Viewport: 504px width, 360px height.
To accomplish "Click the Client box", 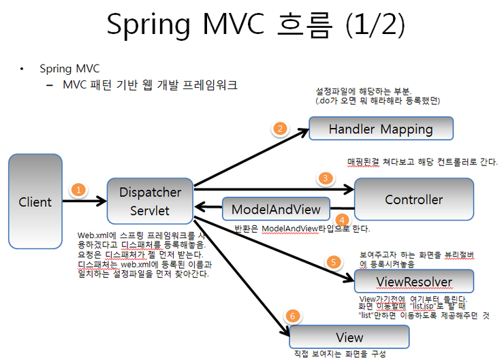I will pos(35,201).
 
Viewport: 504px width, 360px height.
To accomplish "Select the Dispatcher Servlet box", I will pos(151,201).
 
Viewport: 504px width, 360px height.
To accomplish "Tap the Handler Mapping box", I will pos(381,129).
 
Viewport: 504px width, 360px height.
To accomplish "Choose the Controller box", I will pos(413,199).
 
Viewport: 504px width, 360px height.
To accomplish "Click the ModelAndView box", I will pos(276,208).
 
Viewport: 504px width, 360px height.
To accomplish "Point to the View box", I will pos(349,337).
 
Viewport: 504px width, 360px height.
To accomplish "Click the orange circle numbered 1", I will pos(80,190).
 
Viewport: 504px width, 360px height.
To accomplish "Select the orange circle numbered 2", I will pos(279,128).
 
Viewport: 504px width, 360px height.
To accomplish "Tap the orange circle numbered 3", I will pos(328,178).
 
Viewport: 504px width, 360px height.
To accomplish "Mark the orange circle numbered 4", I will pos(343,220).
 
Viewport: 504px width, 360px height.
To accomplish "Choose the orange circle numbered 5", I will pos(332,261).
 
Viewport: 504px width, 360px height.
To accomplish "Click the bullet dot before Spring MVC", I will pos(22,69).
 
